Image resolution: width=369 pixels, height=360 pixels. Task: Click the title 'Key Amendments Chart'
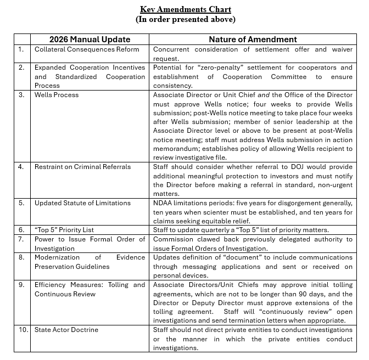(x=186, y=9)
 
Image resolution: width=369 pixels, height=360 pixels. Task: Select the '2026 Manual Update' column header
(x=90, y=39)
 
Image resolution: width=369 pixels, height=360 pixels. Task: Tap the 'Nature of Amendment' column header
(x=253, y=39)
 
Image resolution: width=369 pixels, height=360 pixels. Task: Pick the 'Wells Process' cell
(x=57, y=95)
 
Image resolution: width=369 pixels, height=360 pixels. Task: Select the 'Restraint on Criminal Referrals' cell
(x=82, y=167)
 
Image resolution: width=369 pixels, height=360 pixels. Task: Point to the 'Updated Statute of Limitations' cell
(x=82, y=203)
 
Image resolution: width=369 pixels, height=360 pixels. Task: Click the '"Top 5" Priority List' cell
(x=68, y=230)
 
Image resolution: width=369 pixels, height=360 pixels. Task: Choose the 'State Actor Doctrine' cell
(x=66, y=330)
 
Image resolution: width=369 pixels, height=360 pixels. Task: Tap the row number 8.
(x=21, y=257)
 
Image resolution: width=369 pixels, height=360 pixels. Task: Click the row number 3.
(x=21, y=95)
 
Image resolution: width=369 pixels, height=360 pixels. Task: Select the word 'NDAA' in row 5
(x=164, y=203)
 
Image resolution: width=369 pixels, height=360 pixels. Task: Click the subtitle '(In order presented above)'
(x=186, y=19)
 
